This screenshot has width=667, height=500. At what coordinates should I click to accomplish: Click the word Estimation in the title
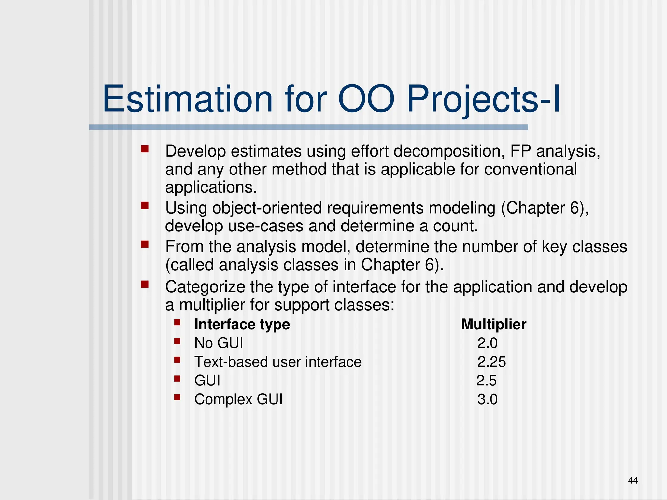tap(187, 99)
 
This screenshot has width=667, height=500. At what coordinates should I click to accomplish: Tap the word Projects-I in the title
tap(483, 99)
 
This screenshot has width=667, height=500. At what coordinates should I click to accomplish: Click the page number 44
tap(633, 480)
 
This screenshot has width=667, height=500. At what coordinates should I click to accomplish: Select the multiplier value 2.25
tap(491, 362)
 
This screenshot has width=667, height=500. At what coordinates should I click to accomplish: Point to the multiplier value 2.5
tap(487, 381)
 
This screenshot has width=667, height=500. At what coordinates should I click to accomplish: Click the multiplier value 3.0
tap(487, 399)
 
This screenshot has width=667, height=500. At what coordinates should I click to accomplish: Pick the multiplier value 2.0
tap(487, 343)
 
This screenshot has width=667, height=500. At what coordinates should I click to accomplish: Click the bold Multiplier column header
tap(493, 324)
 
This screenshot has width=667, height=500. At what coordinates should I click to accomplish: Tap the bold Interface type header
tap(242, 324)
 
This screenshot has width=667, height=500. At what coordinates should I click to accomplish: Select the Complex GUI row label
tap(238, 399)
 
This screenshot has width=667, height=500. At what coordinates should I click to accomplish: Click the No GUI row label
tap(219, 343)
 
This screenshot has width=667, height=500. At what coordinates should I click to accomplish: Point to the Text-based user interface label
tap(278, 362)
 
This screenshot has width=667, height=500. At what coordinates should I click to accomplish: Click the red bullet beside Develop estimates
tap(145, 149)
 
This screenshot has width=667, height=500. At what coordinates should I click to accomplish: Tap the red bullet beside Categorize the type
tap(145, 285)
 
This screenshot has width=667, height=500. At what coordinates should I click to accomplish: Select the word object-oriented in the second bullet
tap(269, 208)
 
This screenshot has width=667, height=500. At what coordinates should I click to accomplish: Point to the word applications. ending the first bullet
tap(211, 187)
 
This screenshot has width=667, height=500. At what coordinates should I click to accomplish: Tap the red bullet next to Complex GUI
tap(177, 397)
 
